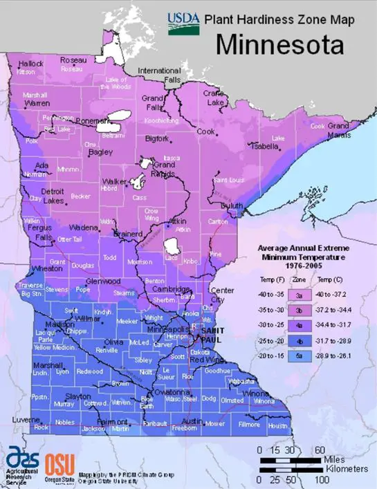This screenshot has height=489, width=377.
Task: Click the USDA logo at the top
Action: (x=182, y=21)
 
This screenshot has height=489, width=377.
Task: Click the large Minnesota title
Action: (x=279, y=45)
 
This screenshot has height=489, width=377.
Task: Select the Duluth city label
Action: (x=232, y=205)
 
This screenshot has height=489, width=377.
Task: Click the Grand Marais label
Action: (x=338, y=130)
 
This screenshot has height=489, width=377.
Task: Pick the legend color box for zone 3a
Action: (x=300, y=295)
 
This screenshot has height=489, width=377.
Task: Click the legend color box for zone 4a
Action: (x=300, y=325)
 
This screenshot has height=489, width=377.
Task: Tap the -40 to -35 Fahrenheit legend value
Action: (x=270, y=295)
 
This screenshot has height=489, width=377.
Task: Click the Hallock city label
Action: (x=30, y=64)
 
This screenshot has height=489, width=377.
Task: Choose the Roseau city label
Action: (x=73, y=60)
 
